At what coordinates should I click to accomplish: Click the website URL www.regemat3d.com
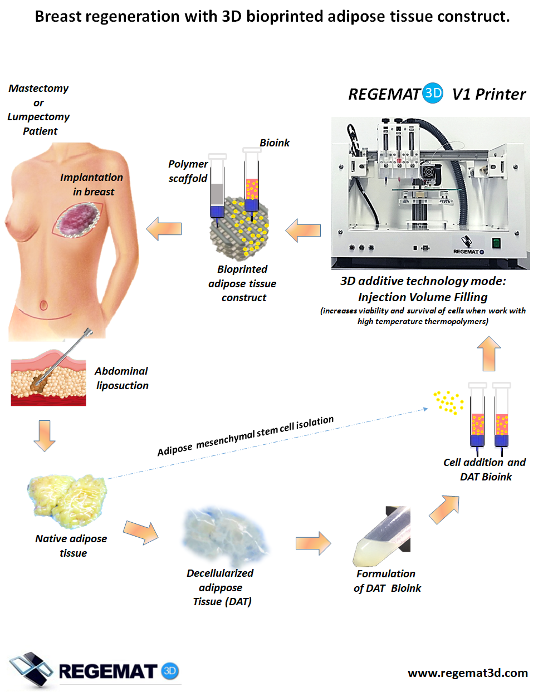pyautogui.click(x=467, y=673)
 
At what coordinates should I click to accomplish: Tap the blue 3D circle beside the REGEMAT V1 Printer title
pyautogui.click(x=433, y=93)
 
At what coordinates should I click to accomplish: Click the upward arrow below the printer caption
pyautogui.click(x=489, y=354)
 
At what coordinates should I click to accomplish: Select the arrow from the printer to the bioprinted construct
pyautogui.click(x=303, y=230)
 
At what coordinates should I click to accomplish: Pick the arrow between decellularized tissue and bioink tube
pyautogui.click(x=313, y=543)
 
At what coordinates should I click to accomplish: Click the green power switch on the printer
pyautogui.click(x=496, y=243)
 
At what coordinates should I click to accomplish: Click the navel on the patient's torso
pyautogui.click(x=43, y=305)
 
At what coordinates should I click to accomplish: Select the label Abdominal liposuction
pyautogui.click(x=122, y=378)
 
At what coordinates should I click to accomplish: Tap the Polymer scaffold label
pyautogui.click(x=188, y=171)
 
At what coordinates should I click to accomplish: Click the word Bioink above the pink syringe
pyautogui.click(x=275, y=143)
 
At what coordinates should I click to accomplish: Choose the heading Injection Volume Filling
pyautogui.click(x=423, y=297)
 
